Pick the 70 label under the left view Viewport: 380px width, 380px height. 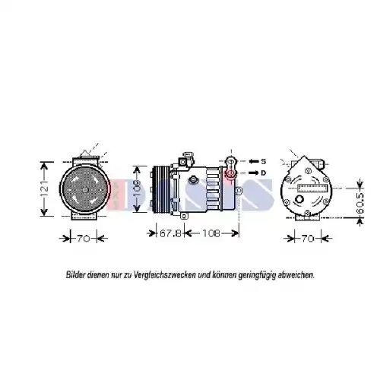pyautogui.click(x=84, y=239)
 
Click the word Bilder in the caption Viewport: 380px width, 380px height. pyautogui.click(x=76, y=274)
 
